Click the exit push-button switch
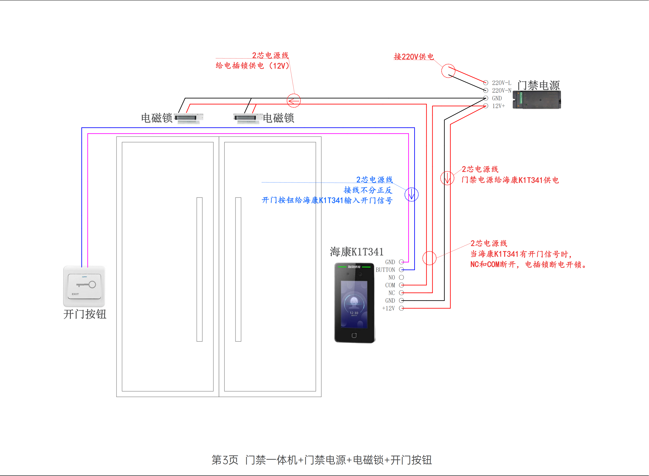point(84,286)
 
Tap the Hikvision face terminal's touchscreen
point(354,304)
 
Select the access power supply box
point(537,100)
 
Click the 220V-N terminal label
point(502,91)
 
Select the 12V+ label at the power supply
point(498,106)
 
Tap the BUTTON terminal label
point(385,270)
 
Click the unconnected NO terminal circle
point(401,278)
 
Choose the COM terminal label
point(390,285)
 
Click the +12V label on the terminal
point(388,308)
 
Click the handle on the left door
point(200,269)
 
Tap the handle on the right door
point(238,269)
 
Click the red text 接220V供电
point(414,57)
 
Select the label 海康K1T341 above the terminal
point(356,252)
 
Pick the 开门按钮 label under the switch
point(85,314)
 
